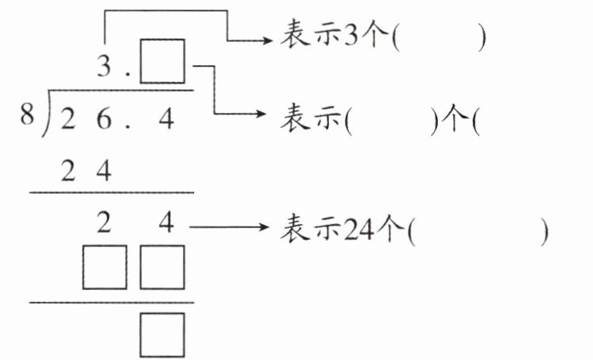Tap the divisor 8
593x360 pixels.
tap(27, 117)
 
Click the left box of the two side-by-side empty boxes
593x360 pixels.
tap(104, 267)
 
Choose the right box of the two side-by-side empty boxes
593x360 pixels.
tap(162, 267)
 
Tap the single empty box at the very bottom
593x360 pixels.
tap(162, 334)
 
